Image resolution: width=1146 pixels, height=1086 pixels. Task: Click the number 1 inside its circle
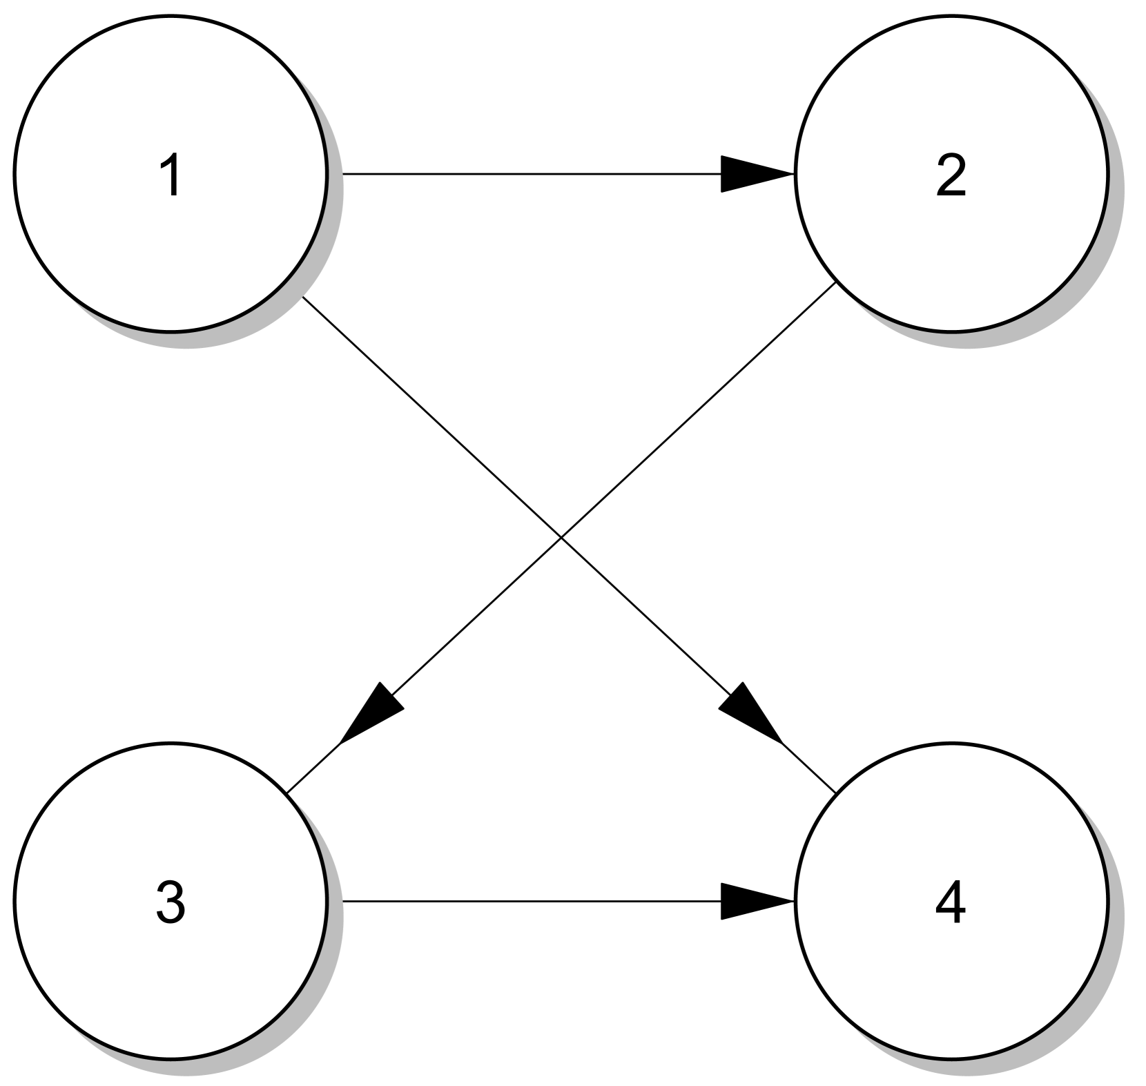coord(171,175)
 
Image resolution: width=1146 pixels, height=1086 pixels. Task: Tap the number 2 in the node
coord(951,175)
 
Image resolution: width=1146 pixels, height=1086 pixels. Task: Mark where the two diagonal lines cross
coord(561,537)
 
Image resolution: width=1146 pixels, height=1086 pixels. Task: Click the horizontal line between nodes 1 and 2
coord(532,174)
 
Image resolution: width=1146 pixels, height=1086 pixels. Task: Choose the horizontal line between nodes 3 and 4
coord(532,901)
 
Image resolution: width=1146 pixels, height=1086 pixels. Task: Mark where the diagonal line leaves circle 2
coord(835,284)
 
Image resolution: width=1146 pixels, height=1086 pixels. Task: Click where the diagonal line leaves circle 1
coord(304,298)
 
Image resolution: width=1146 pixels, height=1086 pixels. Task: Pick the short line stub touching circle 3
coord(313,768)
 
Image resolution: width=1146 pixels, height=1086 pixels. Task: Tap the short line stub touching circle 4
coord(809,768)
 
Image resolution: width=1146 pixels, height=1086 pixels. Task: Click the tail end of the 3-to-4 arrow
coord(344,901)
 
